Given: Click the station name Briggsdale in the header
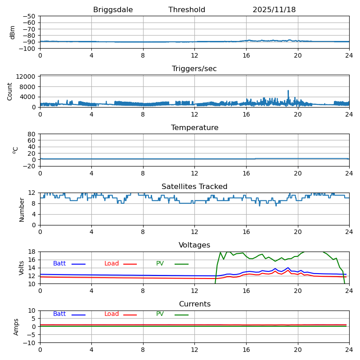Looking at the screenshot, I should [113, 10].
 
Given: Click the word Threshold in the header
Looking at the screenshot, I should [187, 10].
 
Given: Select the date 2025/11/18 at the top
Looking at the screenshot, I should [274, 10].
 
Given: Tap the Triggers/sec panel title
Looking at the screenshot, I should [194, 69].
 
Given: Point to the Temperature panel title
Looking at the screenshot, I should [194, 128].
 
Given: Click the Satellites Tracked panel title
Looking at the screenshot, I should [194, 187].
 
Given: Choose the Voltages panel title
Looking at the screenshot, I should [194, 245].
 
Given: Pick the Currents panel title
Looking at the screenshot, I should [194, 304].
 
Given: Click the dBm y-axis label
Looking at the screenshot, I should [13, 32].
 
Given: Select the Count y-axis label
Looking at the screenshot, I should [10, 91].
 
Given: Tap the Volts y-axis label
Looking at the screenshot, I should [22, 268].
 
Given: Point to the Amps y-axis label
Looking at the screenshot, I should [16, 327].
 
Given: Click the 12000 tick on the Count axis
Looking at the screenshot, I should [26, 77].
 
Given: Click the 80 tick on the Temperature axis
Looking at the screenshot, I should [32, 134].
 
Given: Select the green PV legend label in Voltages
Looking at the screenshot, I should [160, 264].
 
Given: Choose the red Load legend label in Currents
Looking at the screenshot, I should [112, 314].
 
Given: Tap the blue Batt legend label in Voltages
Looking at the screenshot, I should [59, 264].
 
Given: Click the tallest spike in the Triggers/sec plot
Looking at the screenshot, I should [288, 91].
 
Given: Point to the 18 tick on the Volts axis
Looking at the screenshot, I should [32, 252].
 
